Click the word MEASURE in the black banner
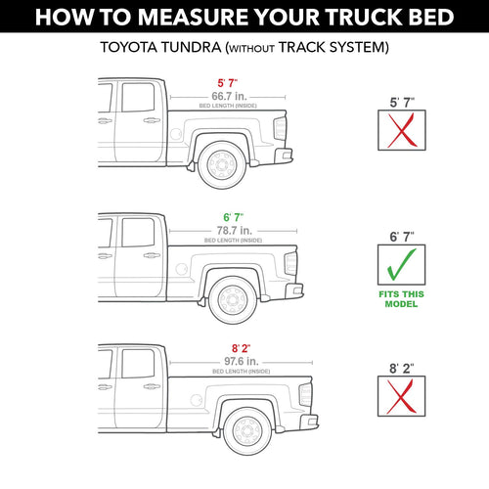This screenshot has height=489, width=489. tap(194, 17)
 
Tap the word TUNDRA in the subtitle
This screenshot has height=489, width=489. tap(191, 47)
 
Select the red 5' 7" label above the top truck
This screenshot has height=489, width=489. tap(228, 83)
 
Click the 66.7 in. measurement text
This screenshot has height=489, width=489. tap(229, 96)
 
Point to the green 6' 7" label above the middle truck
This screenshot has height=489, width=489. tap(234, 217)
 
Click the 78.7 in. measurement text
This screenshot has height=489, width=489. tap(235, 231)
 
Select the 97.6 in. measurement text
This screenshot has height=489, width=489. tap(242, 361)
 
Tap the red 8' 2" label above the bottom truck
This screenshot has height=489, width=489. tap(242, 348)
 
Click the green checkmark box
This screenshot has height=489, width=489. tap(402, 265)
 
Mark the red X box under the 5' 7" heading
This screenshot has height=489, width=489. tap(402, 130)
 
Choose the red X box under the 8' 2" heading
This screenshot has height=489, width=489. tap(402, 396)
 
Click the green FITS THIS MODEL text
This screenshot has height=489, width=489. tap(401, 299)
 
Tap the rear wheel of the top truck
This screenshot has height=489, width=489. tap(222, 164)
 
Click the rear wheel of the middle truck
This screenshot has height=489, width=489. tap(233, 300)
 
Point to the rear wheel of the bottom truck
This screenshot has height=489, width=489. tap(247, 431)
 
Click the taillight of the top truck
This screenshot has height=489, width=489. tap(280, 128)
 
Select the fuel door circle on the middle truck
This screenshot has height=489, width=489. tap(181, 269)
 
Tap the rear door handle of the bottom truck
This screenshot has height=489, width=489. tap(152, 386)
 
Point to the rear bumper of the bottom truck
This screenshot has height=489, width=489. tap(309, 422)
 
